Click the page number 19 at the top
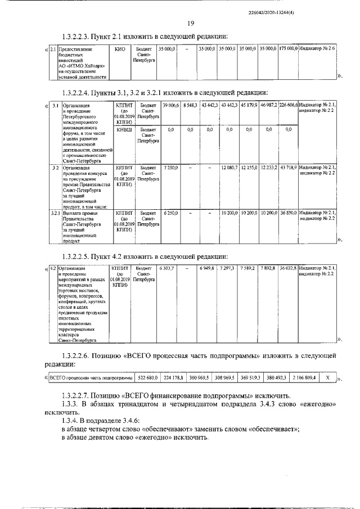191,23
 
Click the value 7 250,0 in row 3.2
170,168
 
